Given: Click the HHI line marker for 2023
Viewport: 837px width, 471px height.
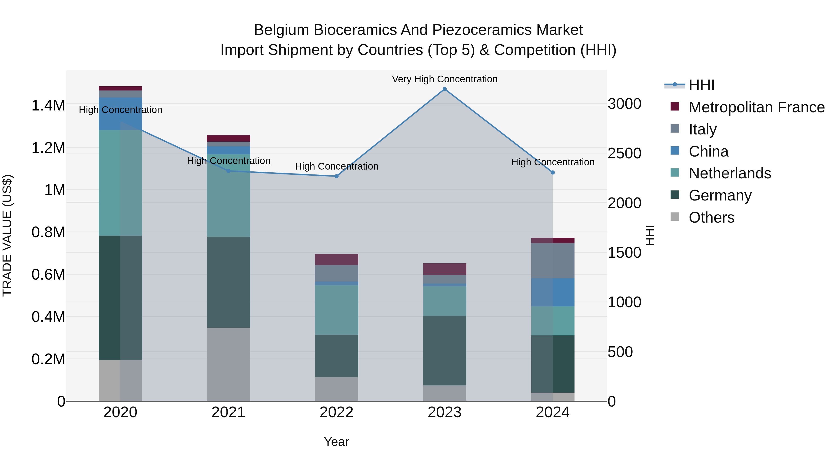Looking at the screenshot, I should (x=445, y=89).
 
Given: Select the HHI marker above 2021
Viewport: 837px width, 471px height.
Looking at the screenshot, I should (x=228, y=171).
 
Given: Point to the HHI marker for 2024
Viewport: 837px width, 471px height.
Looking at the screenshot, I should (x=553, y=173).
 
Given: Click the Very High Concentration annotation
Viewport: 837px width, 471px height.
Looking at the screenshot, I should (x=445, y=79).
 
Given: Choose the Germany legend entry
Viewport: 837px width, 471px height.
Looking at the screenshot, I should (x=720, y=195).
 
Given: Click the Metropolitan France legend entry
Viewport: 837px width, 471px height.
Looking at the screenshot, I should (x=756, y=107).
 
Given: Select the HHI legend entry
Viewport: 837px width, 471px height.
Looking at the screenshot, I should (x=701, y=85).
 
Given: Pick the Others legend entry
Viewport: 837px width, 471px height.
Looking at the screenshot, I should (x=711, y=217).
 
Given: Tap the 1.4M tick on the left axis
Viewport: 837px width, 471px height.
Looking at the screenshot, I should (x=48, y=106).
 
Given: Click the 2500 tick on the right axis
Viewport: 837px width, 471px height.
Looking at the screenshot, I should (x=624, y=154).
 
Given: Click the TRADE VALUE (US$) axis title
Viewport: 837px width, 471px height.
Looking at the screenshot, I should (x=7, y=235).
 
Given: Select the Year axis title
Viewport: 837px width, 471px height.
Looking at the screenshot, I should (x=336, y=442).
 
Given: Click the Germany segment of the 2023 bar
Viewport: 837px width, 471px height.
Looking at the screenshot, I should (x=445, y=351).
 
